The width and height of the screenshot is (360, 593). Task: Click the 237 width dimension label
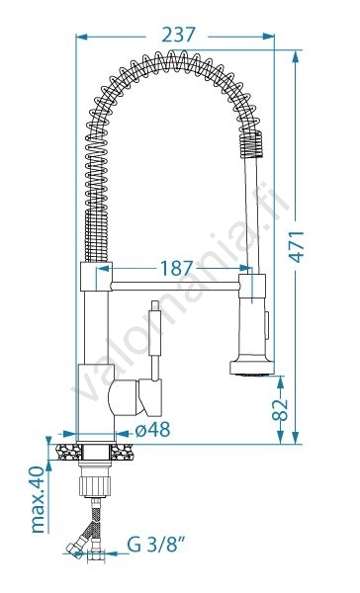point(178,36)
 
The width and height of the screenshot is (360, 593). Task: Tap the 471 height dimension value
point(297,246)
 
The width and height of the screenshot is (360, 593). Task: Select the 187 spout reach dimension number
point(176,269)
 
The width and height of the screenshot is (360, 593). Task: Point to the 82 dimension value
point(281,410)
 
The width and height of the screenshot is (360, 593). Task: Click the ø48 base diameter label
point(153,429)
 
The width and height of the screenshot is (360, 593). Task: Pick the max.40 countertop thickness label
point(38,499)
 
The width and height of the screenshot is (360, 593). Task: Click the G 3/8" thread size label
point(156,545)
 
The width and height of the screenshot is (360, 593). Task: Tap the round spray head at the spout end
point(252,367)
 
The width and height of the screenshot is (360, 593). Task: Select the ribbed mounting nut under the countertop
point(95,485)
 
